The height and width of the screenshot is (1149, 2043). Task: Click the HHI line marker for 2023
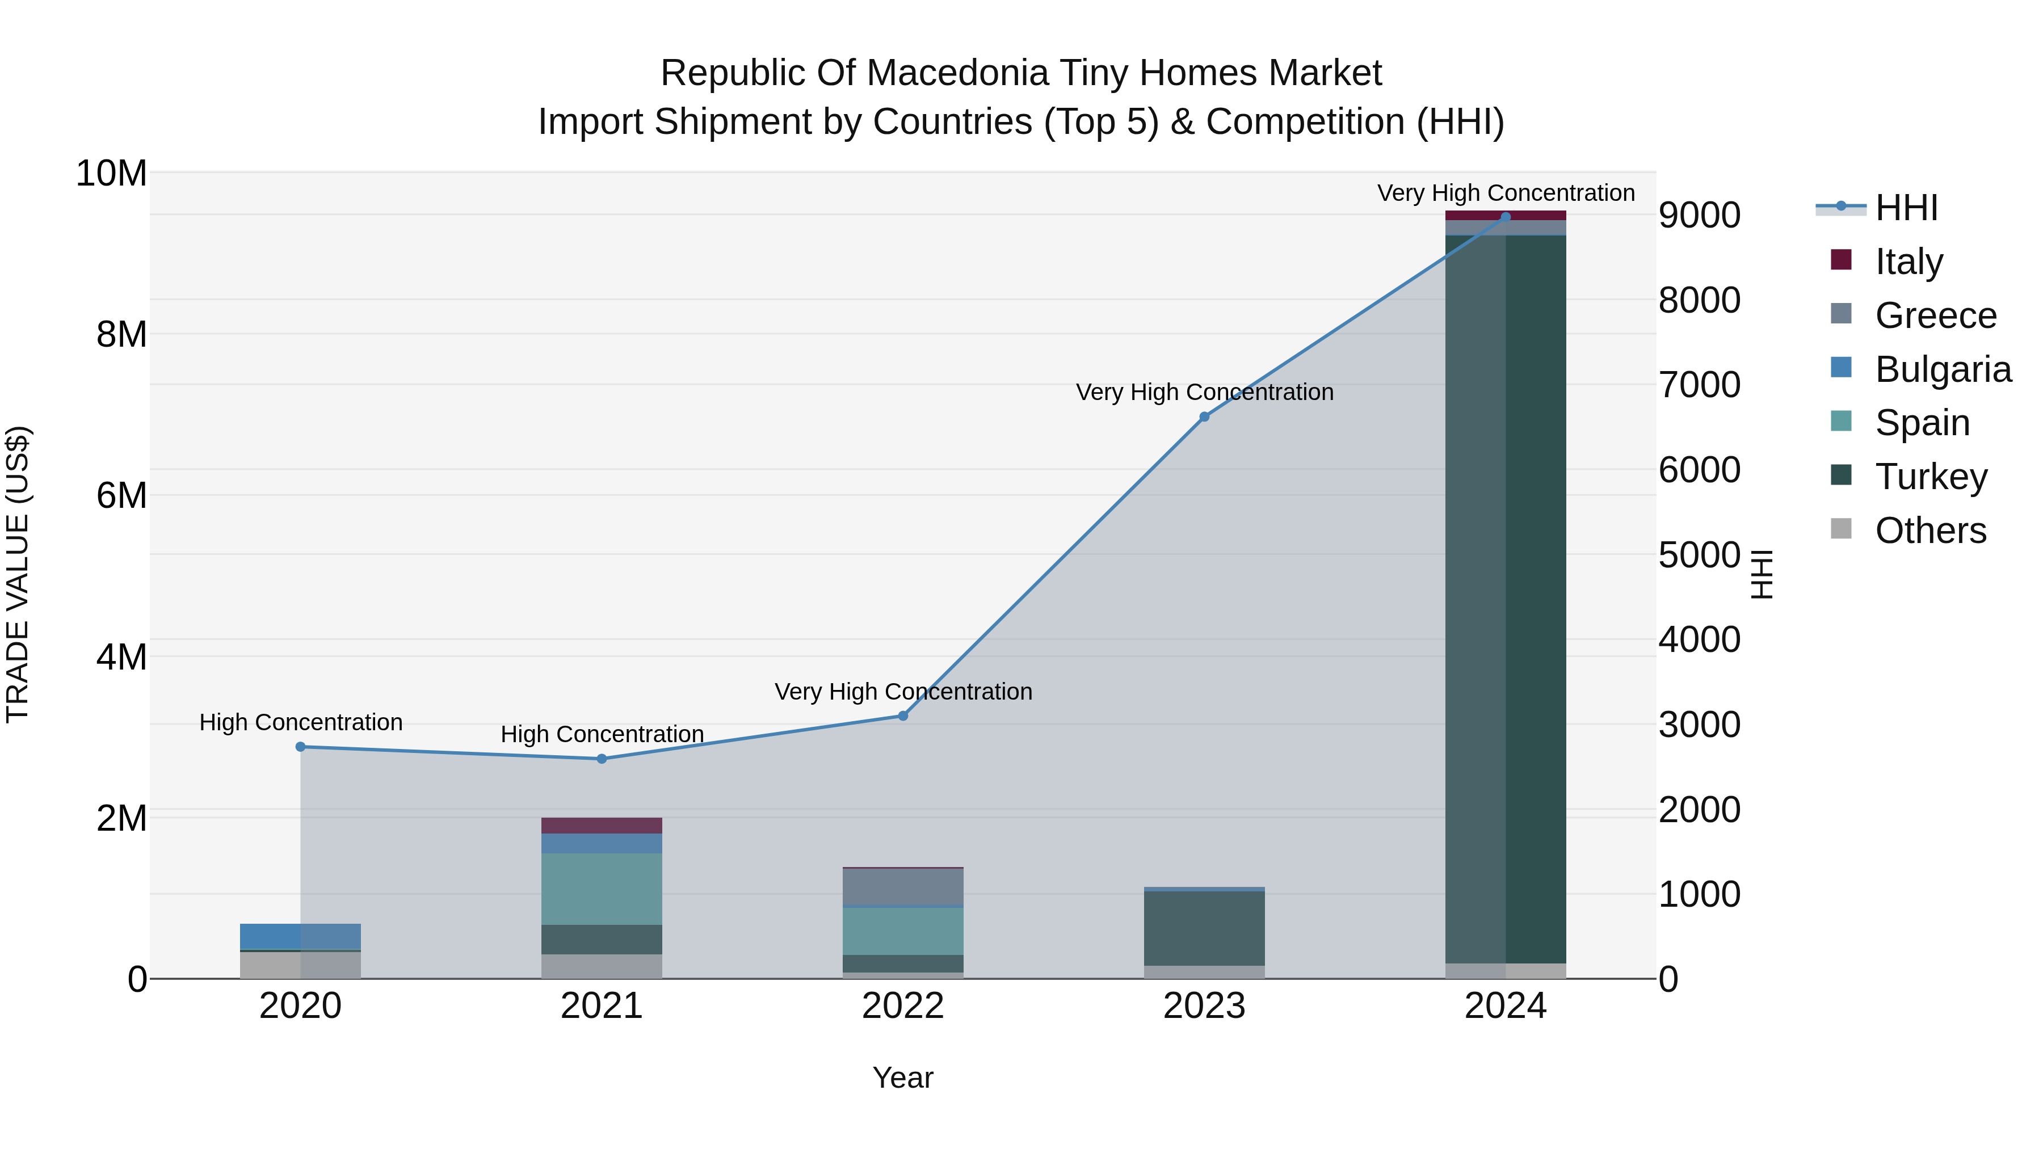pos(1204,417)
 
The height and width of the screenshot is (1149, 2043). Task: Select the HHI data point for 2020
pos(301,747)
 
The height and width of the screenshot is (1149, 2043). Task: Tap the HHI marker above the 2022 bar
pos(902,716)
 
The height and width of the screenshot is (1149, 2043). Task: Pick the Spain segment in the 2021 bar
pos(601,889)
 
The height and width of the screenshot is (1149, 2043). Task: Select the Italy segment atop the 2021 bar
pos(601,826)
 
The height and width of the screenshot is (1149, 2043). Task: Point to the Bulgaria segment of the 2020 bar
pos(301,936)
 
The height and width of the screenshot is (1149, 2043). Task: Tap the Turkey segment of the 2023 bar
pos(1204,928)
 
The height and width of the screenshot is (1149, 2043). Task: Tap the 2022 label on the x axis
pos(902,1006)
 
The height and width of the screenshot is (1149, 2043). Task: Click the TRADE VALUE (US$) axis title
pos(18,574)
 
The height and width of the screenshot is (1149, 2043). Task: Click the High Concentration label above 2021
pos(602,734)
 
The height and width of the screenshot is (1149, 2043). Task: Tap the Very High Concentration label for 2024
pos(1505,193)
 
